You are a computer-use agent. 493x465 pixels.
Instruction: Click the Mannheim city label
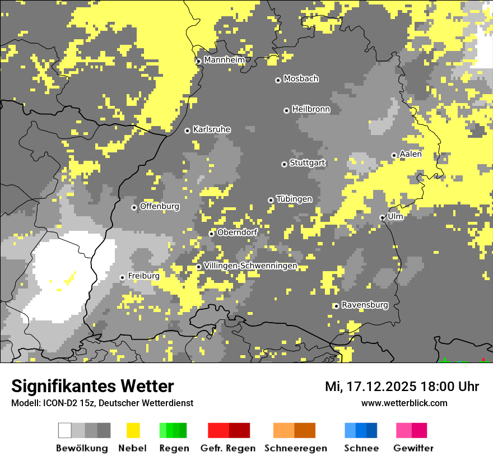(225, 60)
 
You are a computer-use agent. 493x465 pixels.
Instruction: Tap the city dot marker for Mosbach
(278, 80)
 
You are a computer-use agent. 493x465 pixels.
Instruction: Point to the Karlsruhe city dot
(188, 131)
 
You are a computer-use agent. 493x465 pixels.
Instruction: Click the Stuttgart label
(307, 163)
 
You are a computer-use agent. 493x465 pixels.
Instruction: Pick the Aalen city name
(411, 154)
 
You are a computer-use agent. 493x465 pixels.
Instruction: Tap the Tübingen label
(294, 199)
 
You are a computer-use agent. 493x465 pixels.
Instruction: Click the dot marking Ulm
(382, 217)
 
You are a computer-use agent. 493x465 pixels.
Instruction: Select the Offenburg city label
(160, 206)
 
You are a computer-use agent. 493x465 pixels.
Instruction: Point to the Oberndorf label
(237, 232)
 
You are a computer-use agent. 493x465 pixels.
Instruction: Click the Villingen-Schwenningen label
(250, 266)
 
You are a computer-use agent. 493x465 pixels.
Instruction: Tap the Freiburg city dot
(122, 277)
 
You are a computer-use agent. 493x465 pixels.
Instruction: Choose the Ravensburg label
(365, 305)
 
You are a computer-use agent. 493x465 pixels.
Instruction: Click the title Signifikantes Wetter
(92, 387)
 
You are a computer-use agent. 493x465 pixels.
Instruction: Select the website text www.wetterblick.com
(404, 403)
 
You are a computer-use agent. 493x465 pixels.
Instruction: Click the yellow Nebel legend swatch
(133, 430)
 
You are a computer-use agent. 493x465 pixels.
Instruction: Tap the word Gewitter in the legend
(413, 448)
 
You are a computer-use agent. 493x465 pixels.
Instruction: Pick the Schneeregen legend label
(295, 448)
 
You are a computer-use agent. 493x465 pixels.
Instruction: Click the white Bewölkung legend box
(65, 430)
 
